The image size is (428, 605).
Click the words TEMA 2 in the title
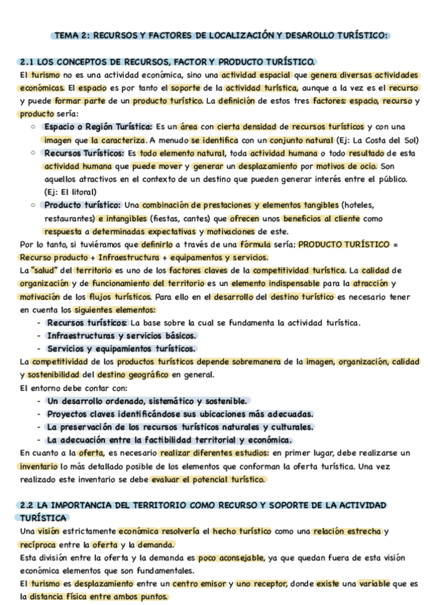pyautogui.click(x=71, y=35)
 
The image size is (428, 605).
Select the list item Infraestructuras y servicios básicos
pyautogui.click(x=121, y=335)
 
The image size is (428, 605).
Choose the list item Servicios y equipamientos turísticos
pyautogui.click(x=121, y=349)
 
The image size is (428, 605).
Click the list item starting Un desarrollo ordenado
pyautogui.click(x=147, y=401)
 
